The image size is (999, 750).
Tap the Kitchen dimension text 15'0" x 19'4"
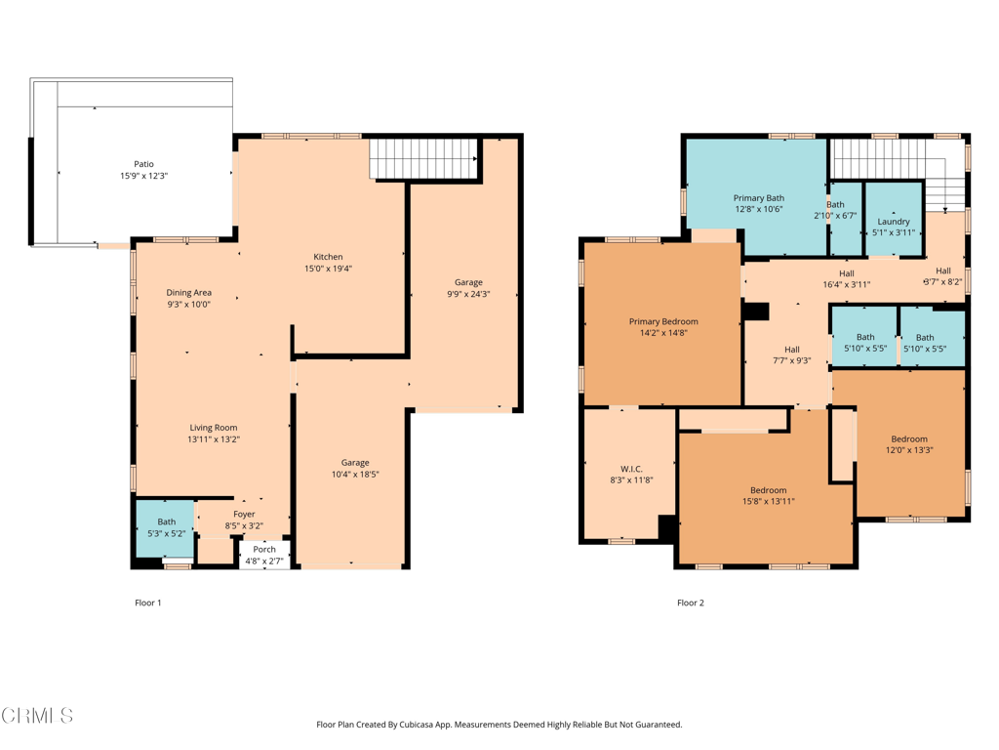[327, 269]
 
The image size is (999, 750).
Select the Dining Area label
[188, 293]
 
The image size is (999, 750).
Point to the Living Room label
[213, 428]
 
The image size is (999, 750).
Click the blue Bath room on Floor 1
[165, 528]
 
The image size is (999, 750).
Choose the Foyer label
[244, 514]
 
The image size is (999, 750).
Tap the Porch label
[264, 549]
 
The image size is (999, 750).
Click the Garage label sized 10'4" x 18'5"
[354, 463]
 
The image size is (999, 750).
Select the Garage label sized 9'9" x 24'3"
[468, 282]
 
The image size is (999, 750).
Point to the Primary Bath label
[759, 198]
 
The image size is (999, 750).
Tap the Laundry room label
[894, 222]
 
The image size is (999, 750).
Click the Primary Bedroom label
[663, 321]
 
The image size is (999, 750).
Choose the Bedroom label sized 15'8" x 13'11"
[768, 490]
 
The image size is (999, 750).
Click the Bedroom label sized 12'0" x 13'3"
[908, 438]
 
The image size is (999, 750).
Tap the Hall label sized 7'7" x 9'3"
[791, 350]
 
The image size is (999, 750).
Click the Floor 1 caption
[147, 603]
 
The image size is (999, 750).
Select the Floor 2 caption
[690, 603]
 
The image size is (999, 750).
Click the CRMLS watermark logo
[37, 717]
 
